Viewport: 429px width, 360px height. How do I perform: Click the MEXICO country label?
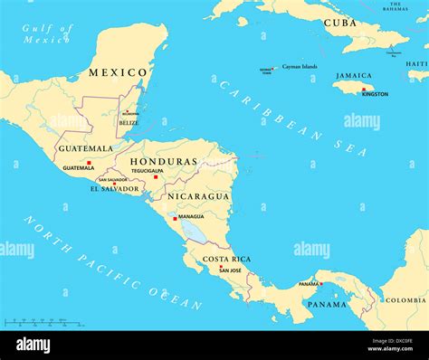pos(118,72)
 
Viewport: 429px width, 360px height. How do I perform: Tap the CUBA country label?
pos(341,22)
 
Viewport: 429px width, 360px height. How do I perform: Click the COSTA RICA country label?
pos(225,260)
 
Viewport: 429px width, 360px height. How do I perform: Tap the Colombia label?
pos(406,300)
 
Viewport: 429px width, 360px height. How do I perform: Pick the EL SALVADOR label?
pos(115,189)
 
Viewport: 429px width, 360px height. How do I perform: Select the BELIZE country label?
pos(129,122)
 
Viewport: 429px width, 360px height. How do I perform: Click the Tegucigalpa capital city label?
pos(147,170)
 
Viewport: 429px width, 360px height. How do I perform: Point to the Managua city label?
pos(191,217)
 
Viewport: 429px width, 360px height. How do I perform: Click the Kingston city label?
pos(374,94)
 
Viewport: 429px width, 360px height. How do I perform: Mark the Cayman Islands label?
pos(299,66)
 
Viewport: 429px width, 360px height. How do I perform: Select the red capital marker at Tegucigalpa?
pos(155,177)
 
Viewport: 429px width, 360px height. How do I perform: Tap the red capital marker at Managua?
pos(175,218)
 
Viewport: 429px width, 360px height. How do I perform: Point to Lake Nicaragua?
pos(195,232)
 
